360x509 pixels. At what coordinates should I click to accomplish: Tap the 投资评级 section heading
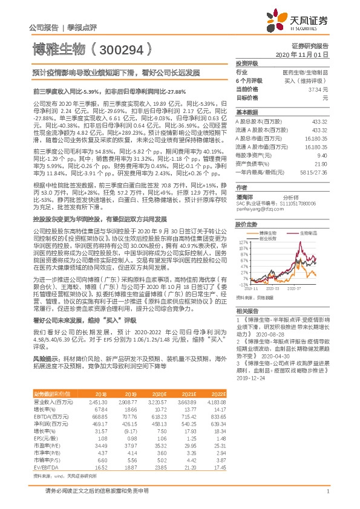[246, 63]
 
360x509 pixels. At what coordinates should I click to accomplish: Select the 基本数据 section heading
[246, 112]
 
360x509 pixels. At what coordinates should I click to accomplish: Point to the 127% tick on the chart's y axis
[243, 242]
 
